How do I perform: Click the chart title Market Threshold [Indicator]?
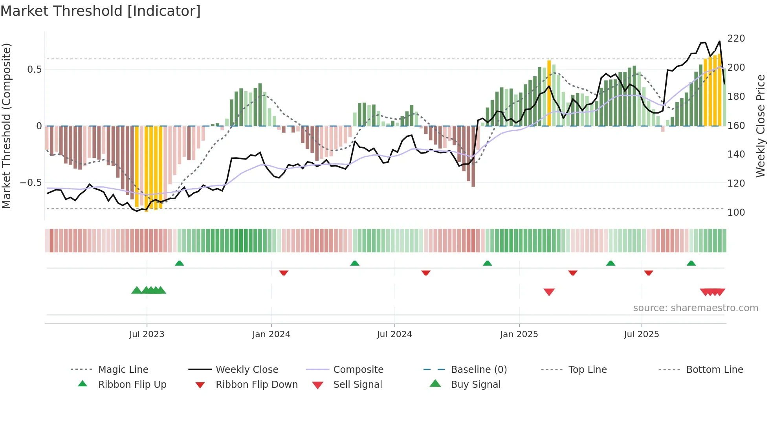point(101,11)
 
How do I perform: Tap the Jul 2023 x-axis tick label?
point(147,334)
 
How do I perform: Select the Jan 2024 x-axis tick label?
point(271,334)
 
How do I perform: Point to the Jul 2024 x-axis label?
point(394,334)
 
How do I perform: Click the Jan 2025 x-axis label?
point(519,334)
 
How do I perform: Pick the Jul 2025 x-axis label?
point(642,334)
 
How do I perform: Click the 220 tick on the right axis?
point(736,39)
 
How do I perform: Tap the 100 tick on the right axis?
point(736,213)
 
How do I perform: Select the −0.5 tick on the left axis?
point(31,183)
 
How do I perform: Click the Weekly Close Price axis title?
point(761,126)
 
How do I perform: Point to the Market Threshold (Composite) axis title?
point(6,126)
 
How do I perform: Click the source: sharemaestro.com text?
point(695,308)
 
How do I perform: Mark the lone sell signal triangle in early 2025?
point(549,292)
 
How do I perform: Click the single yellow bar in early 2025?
point(549,94)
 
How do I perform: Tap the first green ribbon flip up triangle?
point(180,263)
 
